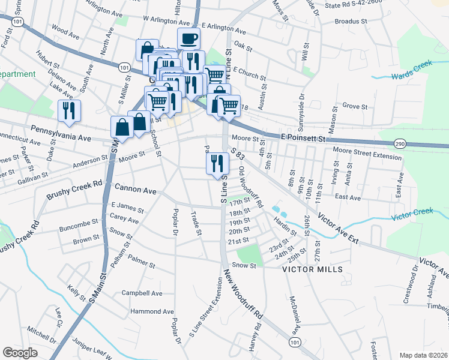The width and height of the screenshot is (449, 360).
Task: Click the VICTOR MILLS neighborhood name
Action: click(313, 269)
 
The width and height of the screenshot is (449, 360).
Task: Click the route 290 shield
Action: click(401, 144)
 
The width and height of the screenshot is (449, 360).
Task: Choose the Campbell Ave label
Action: click(142, 293)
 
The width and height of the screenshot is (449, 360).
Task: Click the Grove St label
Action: click(355, 106)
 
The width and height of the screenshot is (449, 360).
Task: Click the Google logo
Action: click(20, 353)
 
